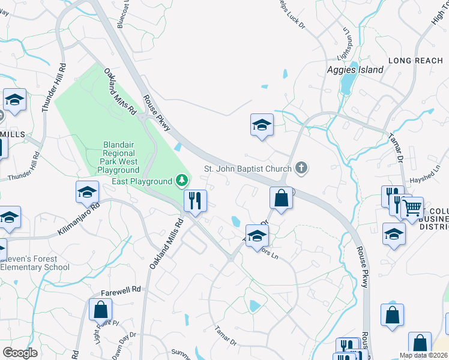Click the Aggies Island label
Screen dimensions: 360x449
[354, 70]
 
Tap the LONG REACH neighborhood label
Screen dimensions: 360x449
[414, 61]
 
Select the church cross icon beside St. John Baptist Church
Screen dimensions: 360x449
[302, 169]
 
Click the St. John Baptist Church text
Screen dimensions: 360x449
[248, 169]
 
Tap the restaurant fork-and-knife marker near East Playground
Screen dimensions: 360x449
[194, 201]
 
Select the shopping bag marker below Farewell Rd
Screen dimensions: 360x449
[100, 310]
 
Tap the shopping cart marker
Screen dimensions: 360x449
[412, 209]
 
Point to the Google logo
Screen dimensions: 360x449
[20, 352]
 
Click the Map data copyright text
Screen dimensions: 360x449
[423, 355]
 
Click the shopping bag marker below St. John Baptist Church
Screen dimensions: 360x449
[280, 198]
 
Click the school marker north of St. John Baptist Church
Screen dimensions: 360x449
[261, 125]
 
